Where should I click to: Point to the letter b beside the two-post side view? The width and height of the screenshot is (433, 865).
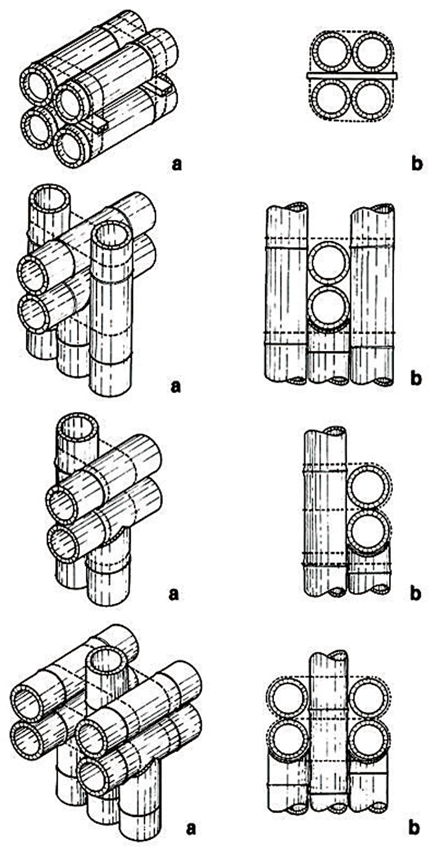[x=416, y=378]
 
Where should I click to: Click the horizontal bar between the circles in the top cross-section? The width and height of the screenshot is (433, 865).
[x=352, y=75]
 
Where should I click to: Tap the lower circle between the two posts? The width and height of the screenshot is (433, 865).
[x=329, y=306]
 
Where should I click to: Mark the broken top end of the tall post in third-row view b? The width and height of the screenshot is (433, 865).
[x=325, y=432]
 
